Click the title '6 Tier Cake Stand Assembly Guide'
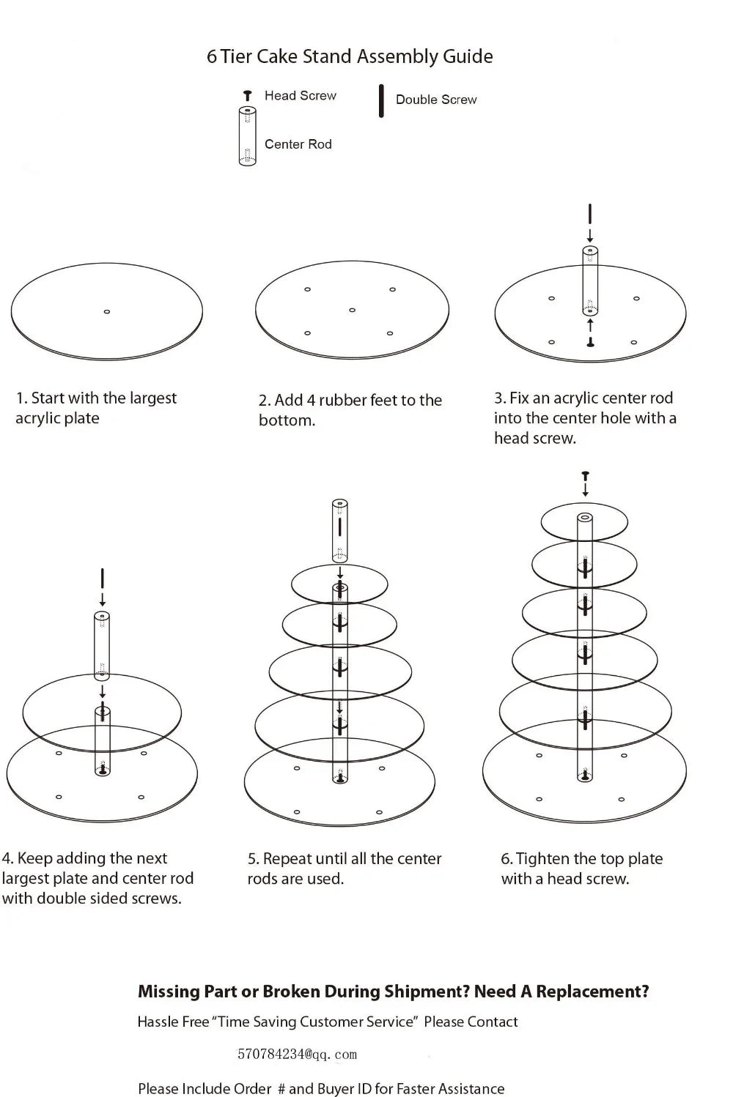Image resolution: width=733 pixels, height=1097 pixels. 350,56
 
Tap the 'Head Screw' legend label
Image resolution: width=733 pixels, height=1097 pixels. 300,95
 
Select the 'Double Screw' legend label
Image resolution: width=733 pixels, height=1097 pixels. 436,100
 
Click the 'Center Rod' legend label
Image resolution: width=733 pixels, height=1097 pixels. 298,144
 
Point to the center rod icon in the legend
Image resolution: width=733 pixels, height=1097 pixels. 248,136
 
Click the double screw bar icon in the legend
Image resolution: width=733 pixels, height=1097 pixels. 381,101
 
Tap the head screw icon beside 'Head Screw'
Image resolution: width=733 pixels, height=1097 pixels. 248,96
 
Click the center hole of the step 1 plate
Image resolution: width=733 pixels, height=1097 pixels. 107,312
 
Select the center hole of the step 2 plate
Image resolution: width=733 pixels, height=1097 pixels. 353,310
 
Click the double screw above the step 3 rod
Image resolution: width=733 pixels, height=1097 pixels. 590,215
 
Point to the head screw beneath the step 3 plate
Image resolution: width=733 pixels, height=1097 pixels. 590,343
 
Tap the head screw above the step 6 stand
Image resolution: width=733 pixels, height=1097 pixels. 585,477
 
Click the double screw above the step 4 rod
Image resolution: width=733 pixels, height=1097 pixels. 103,578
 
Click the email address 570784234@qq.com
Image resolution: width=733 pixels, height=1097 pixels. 297,1055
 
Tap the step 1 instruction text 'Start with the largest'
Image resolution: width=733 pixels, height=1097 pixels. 103,398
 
